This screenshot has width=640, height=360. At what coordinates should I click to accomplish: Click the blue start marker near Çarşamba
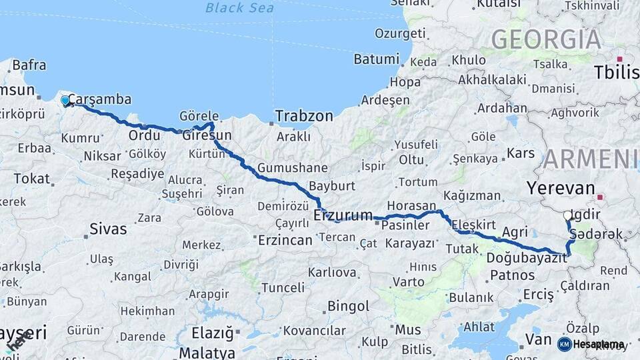(65, 101)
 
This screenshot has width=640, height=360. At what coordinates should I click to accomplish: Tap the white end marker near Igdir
(567, 215)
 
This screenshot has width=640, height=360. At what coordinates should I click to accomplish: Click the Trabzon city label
(304, 116)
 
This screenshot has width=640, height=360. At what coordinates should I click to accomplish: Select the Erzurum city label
(343, 215)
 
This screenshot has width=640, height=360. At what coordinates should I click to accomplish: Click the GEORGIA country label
(546, 39)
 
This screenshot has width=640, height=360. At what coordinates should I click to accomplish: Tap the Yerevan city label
(560, 187)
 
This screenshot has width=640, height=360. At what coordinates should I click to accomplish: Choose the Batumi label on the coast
(376, 59)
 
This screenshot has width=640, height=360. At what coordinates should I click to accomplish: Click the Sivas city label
(109, 229)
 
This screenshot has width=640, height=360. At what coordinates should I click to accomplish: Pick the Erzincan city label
(285, 240)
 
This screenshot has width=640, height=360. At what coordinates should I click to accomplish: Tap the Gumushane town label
(293, 168)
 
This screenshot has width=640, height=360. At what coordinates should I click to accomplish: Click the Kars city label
(521, 153)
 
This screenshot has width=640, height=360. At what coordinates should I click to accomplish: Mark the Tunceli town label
(282, 287)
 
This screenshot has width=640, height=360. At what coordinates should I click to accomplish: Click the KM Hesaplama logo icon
(564, 344)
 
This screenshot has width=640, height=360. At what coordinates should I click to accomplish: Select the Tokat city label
(31, 179)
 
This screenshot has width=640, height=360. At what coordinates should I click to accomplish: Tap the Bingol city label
(349, 307)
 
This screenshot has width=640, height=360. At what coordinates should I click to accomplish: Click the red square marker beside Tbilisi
(619, 59)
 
